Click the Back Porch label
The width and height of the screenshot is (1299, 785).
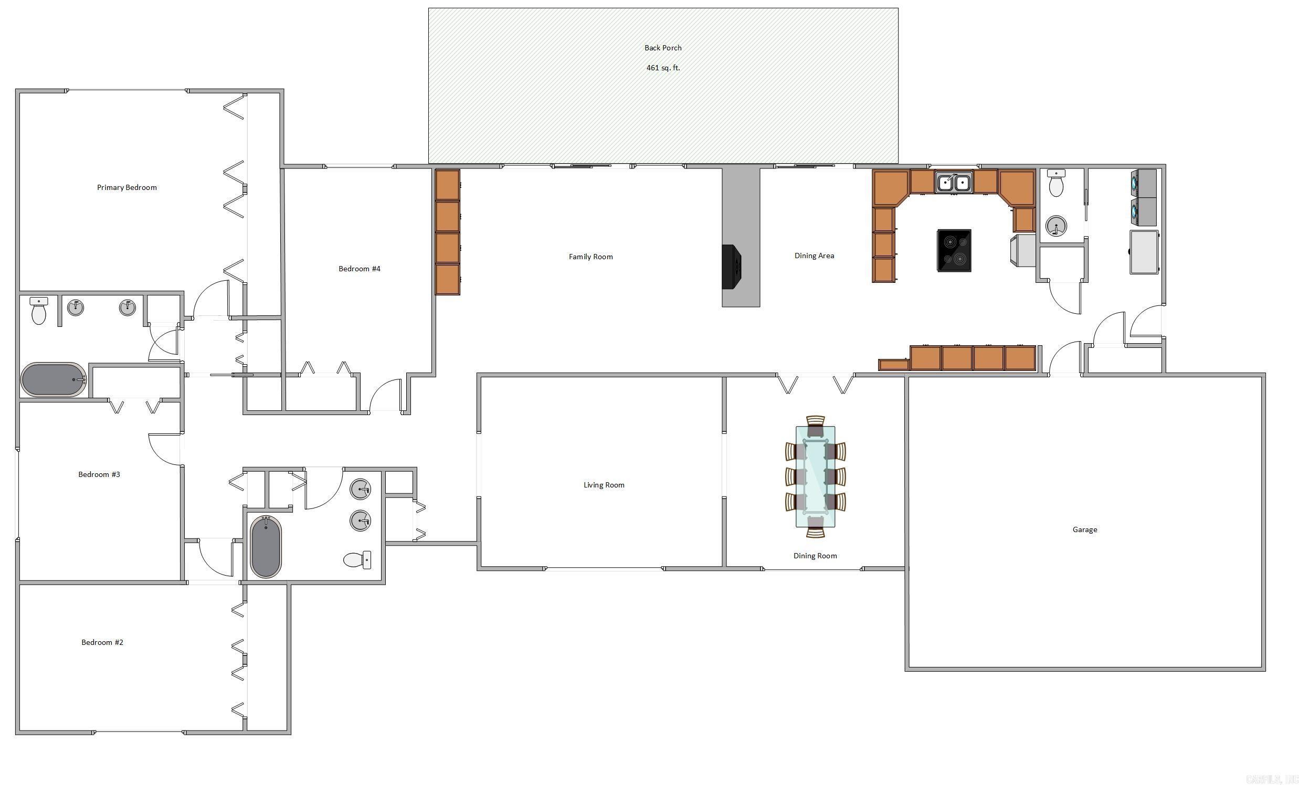[663, 48]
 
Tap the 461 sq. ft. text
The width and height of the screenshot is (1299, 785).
[663, 68]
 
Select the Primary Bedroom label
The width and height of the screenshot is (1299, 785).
[126, 188]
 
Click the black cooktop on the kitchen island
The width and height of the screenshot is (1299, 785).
[954, 250]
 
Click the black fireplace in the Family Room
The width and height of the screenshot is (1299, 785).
[732, 267]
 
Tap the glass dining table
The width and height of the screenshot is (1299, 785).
[815, 476]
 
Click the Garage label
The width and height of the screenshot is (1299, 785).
[1084, 530]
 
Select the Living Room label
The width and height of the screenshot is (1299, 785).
[604, 485]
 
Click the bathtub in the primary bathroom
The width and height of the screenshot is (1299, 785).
[53, 379]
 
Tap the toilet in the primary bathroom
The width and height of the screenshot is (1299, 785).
[38, 312]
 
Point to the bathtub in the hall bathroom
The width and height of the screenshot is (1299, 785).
[265, 547]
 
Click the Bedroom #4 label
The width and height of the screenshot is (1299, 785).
[359, 269]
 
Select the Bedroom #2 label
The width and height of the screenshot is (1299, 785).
[102, 642]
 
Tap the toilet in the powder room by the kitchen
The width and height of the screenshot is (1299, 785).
[1056, 184]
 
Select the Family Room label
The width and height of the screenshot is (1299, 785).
[590, 257]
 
